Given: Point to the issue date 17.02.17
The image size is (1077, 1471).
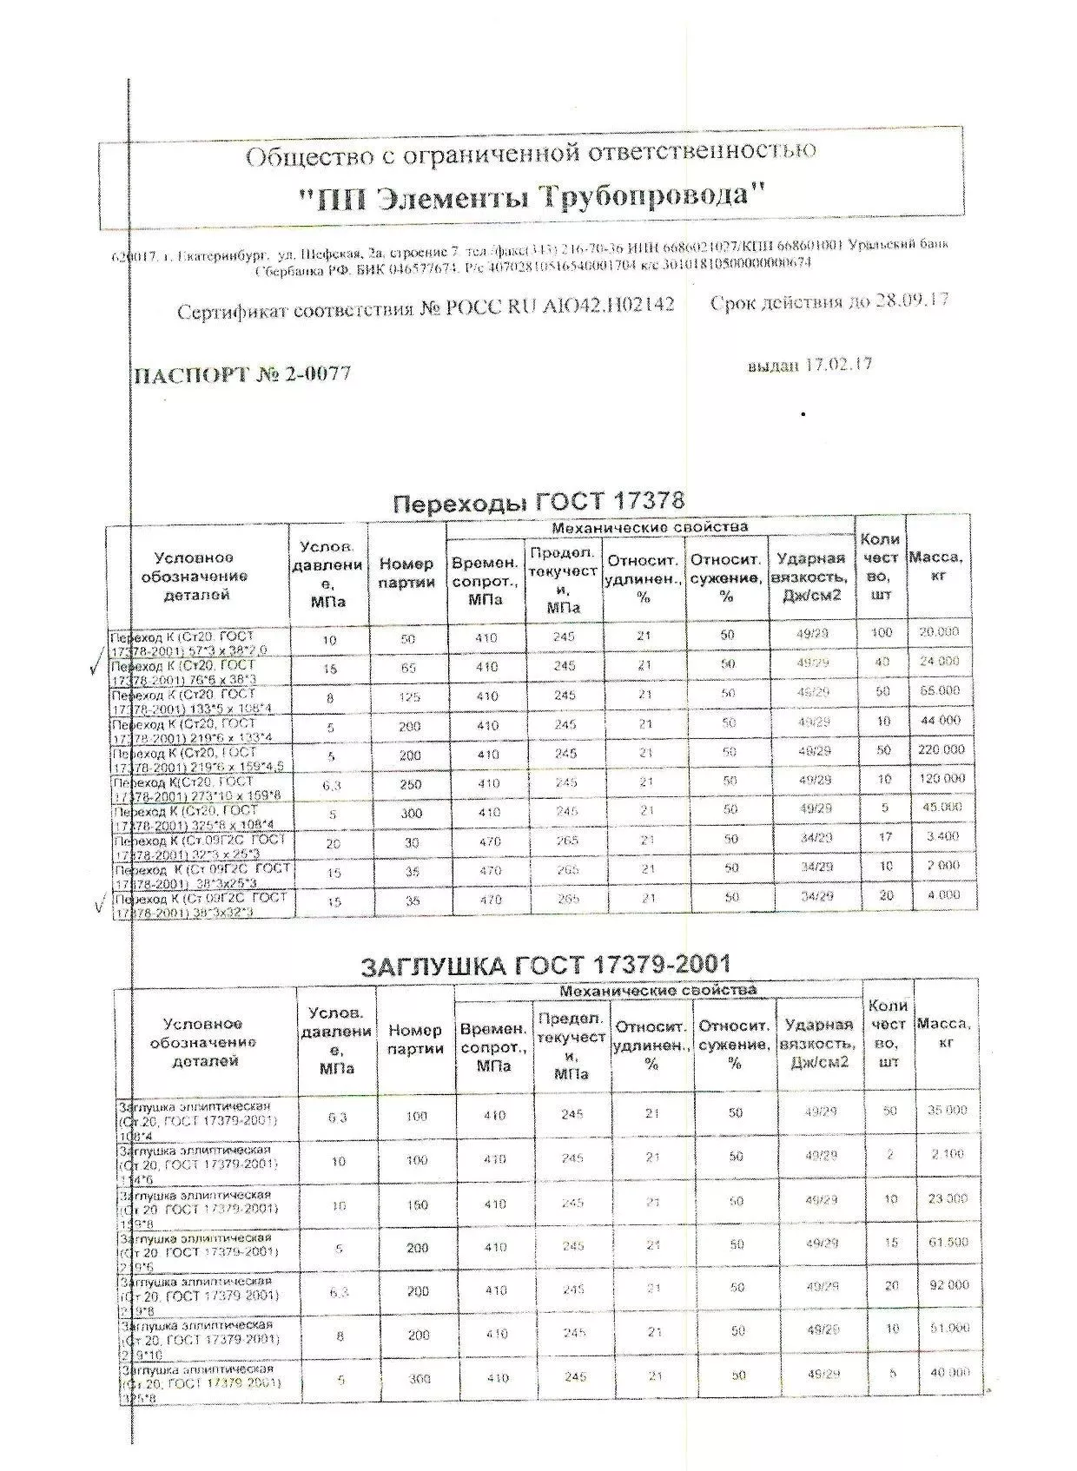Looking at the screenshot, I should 840,365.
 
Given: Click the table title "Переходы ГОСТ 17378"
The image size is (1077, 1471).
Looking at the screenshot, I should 538,502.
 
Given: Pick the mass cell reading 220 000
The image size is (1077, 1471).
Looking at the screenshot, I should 941,749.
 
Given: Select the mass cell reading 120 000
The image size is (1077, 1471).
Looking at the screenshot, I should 942,779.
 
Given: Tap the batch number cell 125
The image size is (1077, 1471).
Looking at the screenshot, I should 409,697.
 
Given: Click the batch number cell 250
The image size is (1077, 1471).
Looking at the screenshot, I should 410,785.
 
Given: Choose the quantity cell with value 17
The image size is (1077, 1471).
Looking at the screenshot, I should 884,837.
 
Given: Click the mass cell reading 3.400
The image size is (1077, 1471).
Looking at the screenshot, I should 942,837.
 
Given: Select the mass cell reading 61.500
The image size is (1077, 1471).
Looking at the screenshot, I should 948,1243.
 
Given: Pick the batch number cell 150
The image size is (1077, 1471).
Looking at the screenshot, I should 417,1205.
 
